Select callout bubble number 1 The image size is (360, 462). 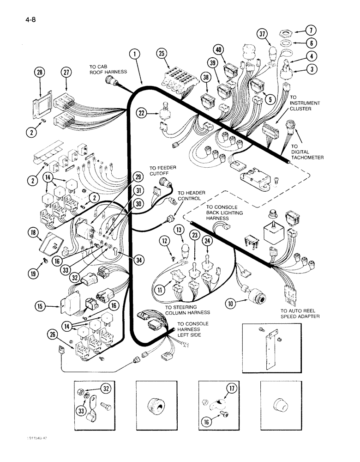point(134,54)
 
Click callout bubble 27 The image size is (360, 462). point(67,73)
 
